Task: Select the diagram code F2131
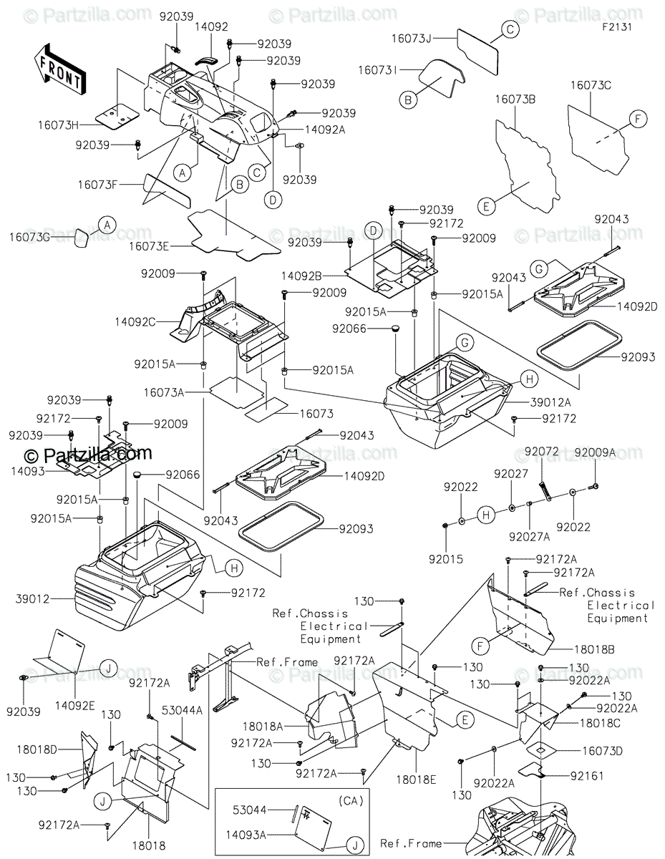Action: point(617,27)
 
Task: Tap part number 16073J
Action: point(412,39)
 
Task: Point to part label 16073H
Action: point(58,125)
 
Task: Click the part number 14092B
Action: point(301,276)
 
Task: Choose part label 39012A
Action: point(550,402)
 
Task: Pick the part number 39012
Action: point(33,599)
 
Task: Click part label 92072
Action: point(542,452)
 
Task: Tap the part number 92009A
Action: point(595,452)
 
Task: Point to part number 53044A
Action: point(182,710)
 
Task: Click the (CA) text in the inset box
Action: point(351,801)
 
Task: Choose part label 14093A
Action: point(246,835)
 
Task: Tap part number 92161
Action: point(587,776)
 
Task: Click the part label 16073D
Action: point(602,751)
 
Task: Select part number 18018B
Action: point(594,649)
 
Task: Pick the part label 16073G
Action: point(29,237)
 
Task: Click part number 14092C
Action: point(135,322)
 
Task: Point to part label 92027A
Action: point(529,537)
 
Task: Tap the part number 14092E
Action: point(74,705)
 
